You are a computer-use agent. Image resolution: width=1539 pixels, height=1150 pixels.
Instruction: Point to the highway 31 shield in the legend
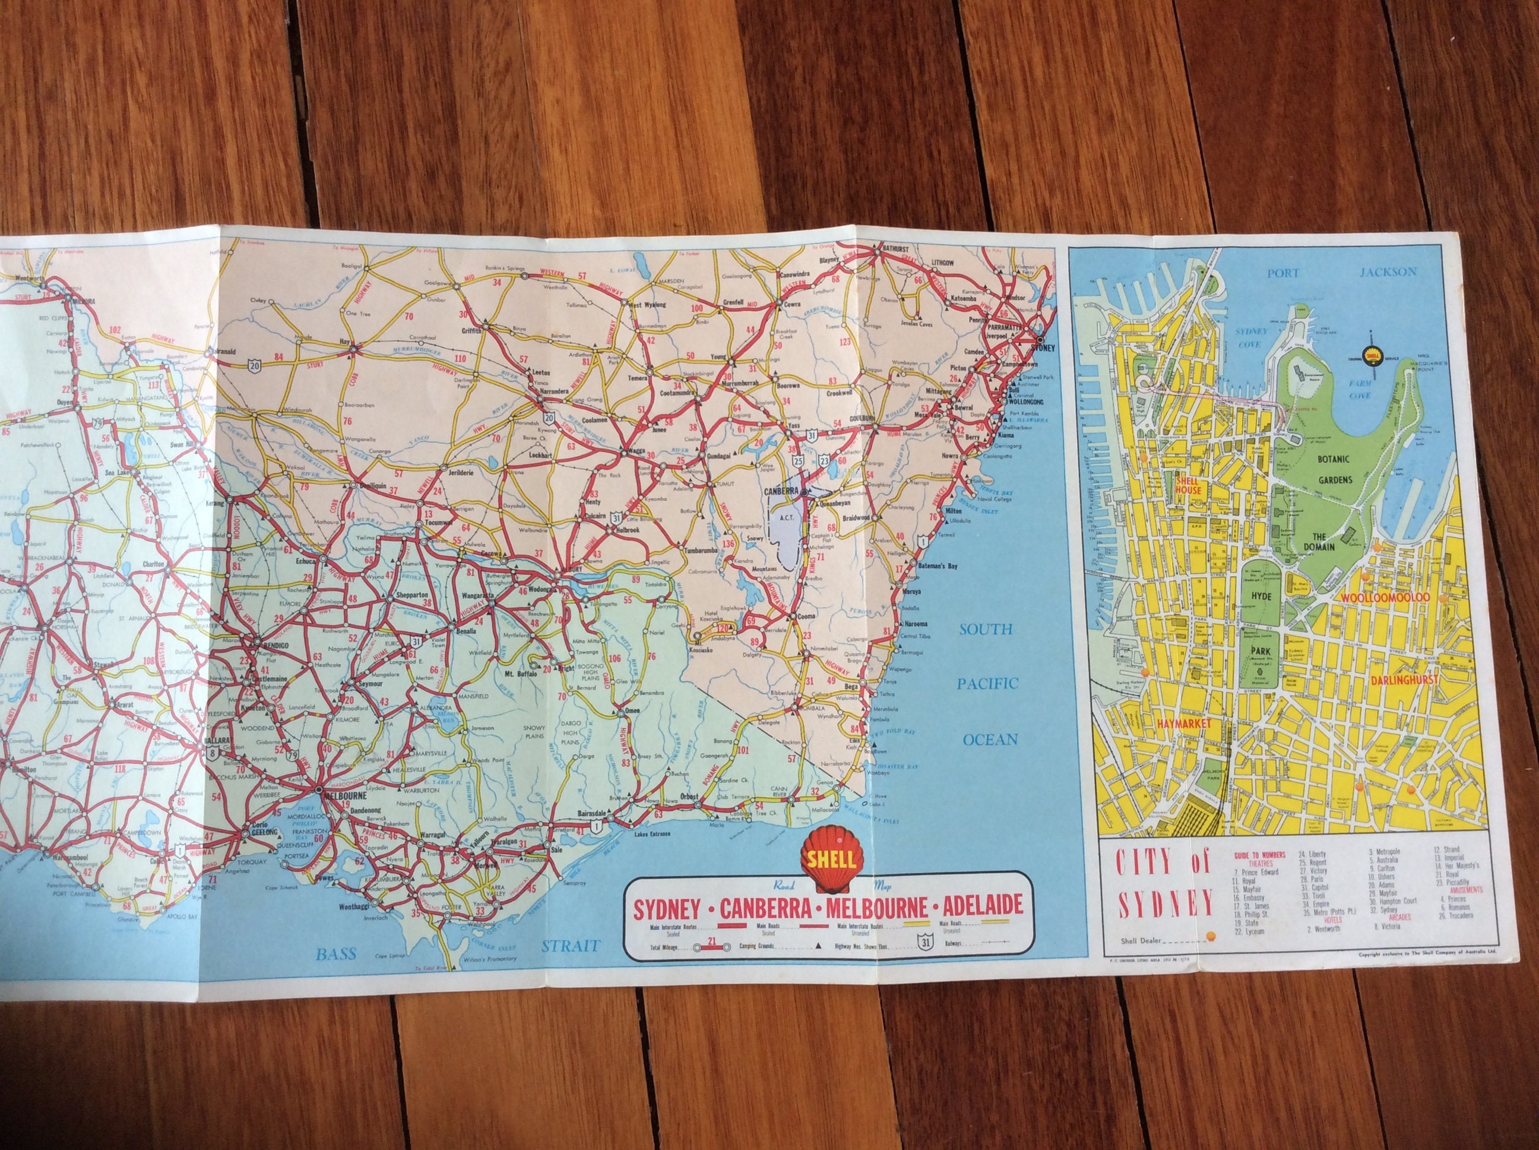pos(923,941)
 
